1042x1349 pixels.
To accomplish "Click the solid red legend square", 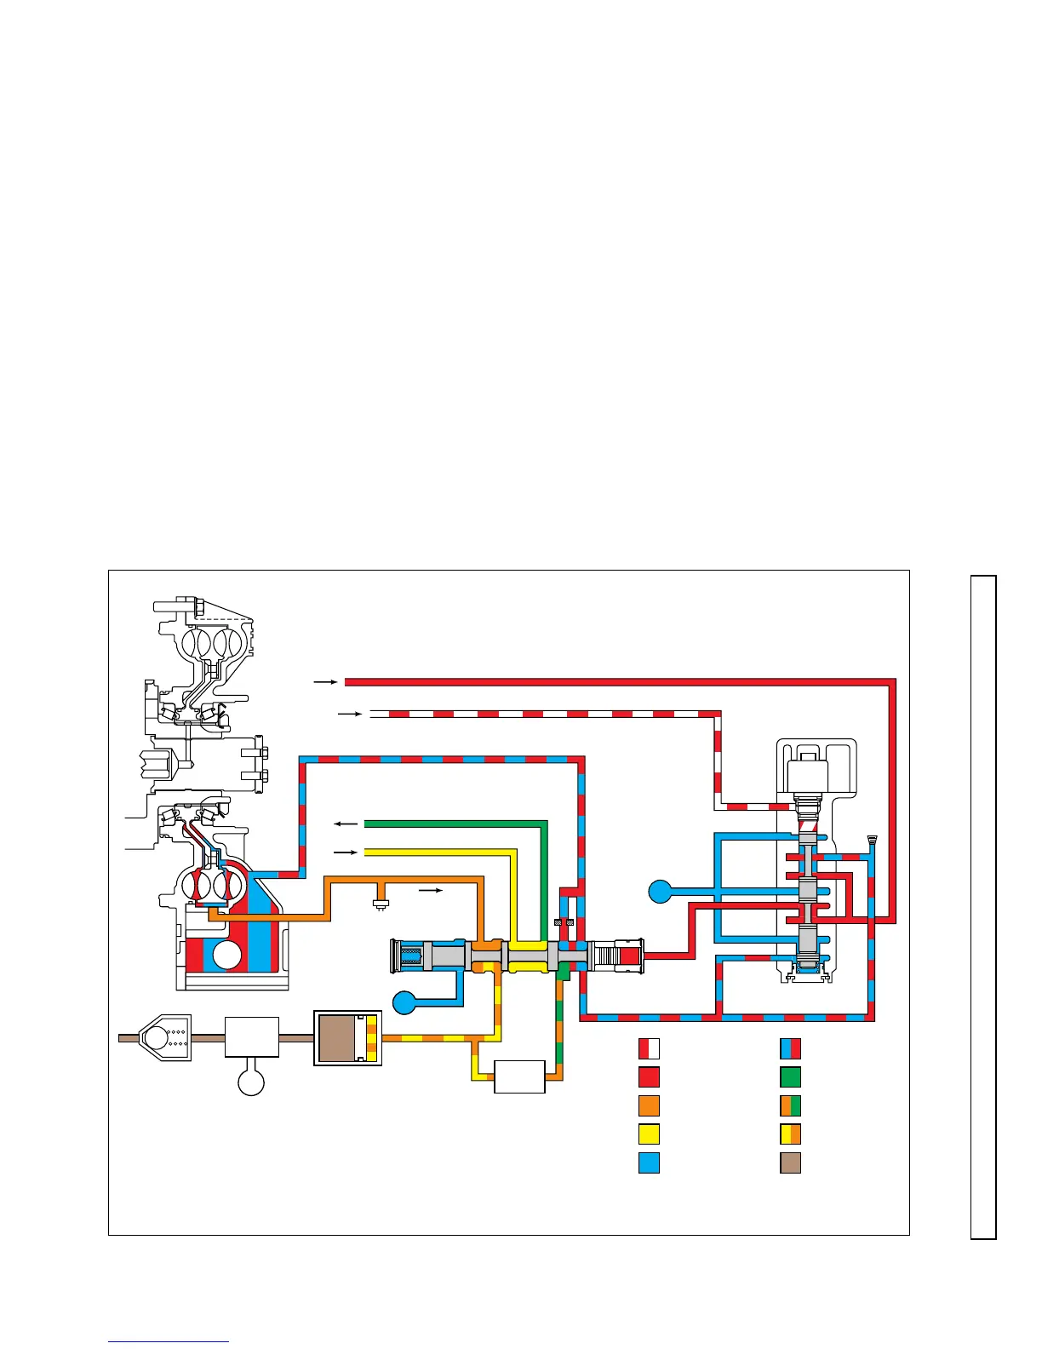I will pyautogui.click(x=649, y=1077).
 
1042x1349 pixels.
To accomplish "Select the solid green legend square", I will pyautogui.click(x=790, y=1077).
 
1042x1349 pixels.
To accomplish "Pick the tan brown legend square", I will pyautogui.click(x=790, y=1163).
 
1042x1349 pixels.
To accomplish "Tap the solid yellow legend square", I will pyautogui.click(x=649, y=1134).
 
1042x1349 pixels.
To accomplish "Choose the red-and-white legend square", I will pyautogui.click(x=649, y=1049).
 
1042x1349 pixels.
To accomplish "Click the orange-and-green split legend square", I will pyautogui.click(x=790, y=1105).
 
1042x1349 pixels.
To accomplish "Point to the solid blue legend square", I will pyautogui.click(x=649, y=1163).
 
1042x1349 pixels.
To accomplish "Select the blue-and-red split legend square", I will pyautogui.click(x=790, y=1049).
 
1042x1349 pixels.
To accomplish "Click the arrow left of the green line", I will pyautogui.click(x=345, y=824).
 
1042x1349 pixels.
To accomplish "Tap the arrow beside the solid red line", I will pyautogui.click(x=325, y=682).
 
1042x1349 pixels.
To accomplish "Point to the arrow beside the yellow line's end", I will pyautogui.click(x=345, y=852).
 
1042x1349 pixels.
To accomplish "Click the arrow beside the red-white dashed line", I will pyautogui.click(x=350, y=714).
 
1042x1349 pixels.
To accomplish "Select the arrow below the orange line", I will pyautogui.click(x=432, y=891).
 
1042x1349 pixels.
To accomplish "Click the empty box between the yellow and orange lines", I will pyautogui.click(x=519, y=1076).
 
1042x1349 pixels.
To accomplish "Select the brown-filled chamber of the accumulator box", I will pyautogui.click(x=338, y=1038).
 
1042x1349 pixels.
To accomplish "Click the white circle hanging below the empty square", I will pyautogui.click(x=251, y=1082).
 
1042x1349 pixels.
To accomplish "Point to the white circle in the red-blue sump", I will pyautogui.click(x=227, y=955).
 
